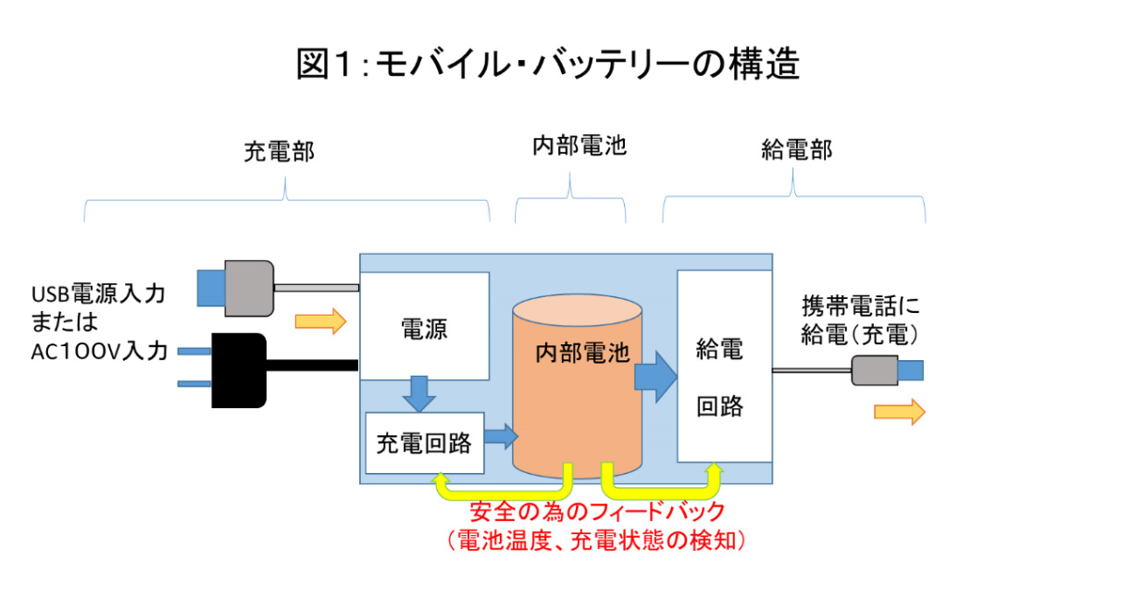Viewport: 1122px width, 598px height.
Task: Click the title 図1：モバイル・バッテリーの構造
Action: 547,65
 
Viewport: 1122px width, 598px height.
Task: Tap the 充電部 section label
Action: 279,152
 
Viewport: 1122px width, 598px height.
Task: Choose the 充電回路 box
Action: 424,442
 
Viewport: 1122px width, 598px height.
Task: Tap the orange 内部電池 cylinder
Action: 578,389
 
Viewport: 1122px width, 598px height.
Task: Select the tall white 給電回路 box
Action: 724,367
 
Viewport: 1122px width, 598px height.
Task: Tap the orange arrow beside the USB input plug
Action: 320,321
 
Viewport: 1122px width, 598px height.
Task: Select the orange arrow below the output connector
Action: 899,412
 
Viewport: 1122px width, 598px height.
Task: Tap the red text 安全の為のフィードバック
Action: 597,511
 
